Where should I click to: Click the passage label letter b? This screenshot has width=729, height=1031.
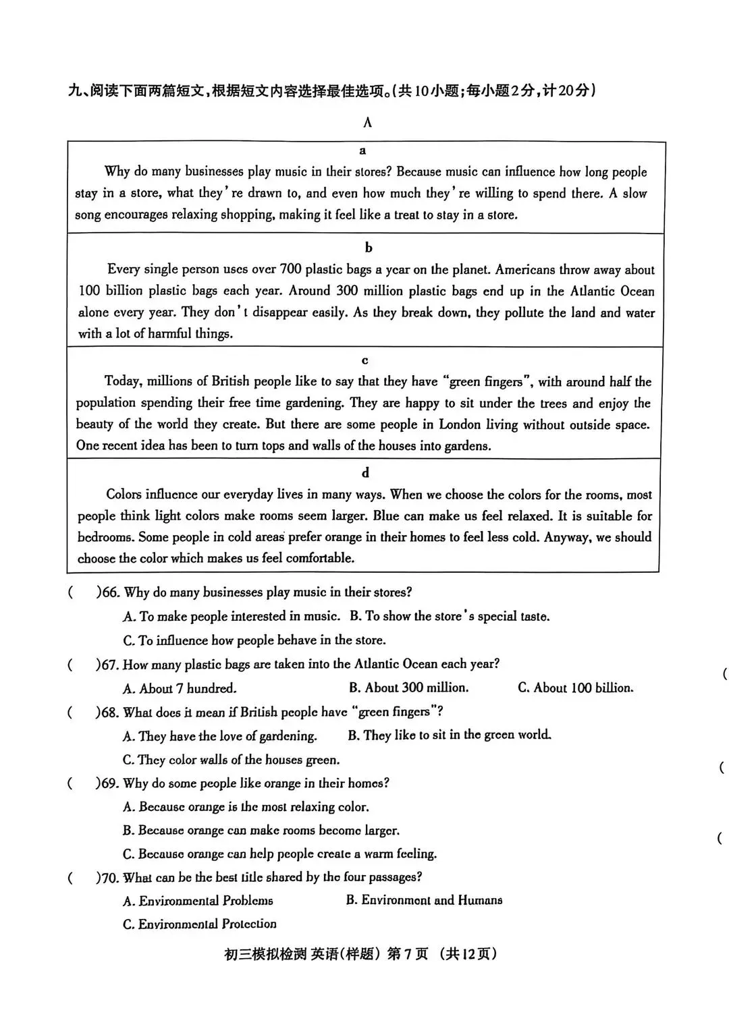pyautogui.click(x=368, y=248)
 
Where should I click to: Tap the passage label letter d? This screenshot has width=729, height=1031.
pyautogui.click(x=365, y=472)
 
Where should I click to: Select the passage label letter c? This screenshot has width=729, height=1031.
pyautogui.click(x=365, y=360)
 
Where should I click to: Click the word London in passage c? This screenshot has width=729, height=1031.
pyautogui.click(x=459, y=424)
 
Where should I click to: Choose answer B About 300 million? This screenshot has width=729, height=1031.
pyautogui.click(x=408, y=688)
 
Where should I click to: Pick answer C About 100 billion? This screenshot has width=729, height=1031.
pyautogui.click(x=575, y=688)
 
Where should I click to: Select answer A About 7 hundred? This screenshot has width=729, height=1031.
pyautogui.click(x=180, y=689)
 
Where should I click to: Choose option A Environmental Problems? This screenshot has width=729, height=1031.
pyautogui.click(x=198, y=901)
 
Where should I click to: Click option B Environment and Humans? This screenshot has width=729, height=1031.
pyautogui.click(x=424, y=900)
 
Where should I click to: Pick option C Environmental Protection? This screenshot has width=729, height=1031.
pyautogui.click(x=199, y=924)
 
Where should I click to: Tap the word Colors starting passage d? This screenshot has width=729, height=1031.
pyautogui.click(x=124, y=495)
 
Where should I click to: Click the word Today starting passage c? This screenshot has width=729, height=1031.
pyautogui.click(x=122, y=382)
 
